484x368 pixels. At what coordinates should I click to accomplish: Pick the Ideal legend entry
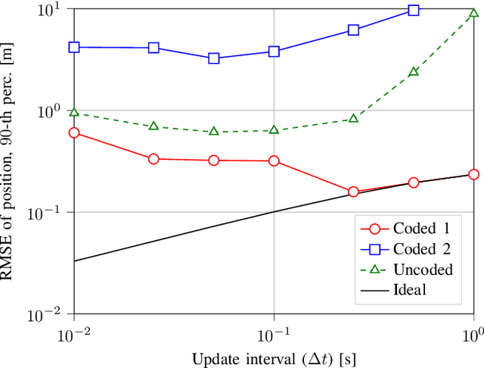[409, 289]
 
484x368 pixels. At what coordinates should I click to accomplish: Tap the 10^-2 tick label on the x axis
[74, 332]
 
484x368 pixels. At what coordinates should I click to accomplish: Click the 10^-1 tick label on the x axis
[274, 332]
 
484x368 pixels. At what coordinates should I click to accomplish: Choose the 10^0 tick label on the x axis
[473, 332]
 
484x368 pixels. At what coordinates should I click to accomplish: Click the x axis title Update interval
[273, 357]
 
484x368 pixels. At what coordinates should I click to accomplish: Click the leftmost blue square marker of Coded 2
[74, 47]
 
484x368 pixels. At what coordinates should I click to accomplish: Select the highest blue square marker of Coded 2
[414, 10]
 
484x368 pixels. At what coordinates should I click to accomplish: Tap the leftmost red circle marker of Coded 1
[74, 133]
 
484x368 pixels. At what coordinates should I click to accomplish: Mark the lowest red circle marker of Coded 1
[353, 192]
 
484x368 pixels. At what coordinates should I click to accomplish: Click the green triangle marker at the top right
[473, 13]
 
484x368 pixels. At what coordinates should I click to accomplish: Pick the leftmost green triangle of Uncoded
[74, 112]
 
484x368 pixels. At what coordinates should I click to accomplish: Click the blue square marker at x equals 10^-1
[274, 51]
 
